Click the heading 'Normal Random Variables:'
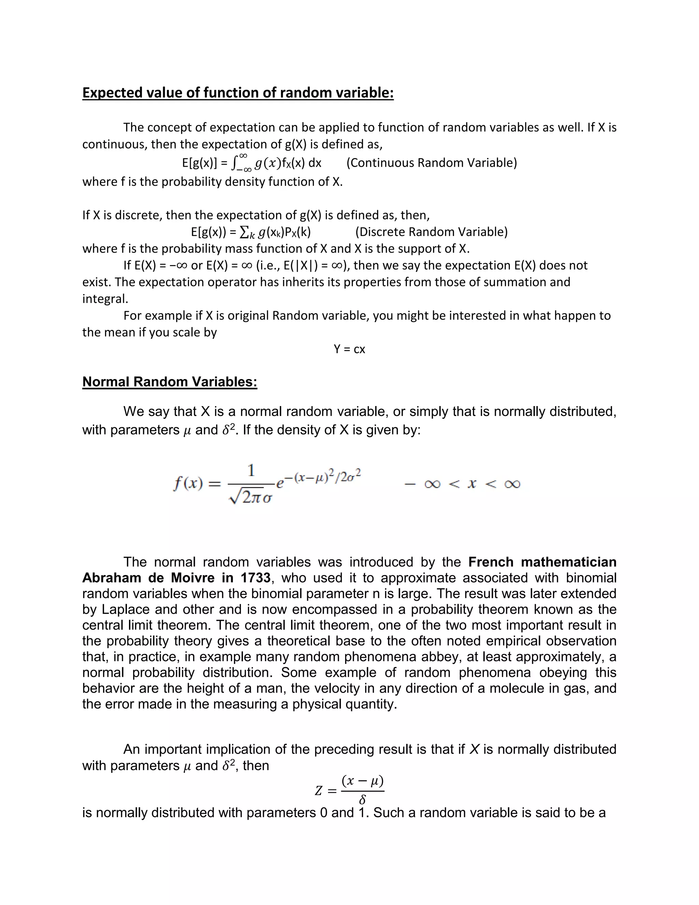point(170,382)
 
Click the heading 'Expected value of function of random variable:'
point(238,93)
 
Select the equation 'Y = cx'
point(349,349)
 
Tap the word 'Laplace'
point(124,609)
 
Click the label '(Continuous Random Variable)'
point(431,163)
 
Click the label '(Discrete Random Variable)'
point(431,232)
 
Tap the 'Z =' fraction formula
point(350,791)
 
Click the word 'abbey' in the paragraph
point(437,656)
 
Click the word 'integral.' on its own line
point(105,299)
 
